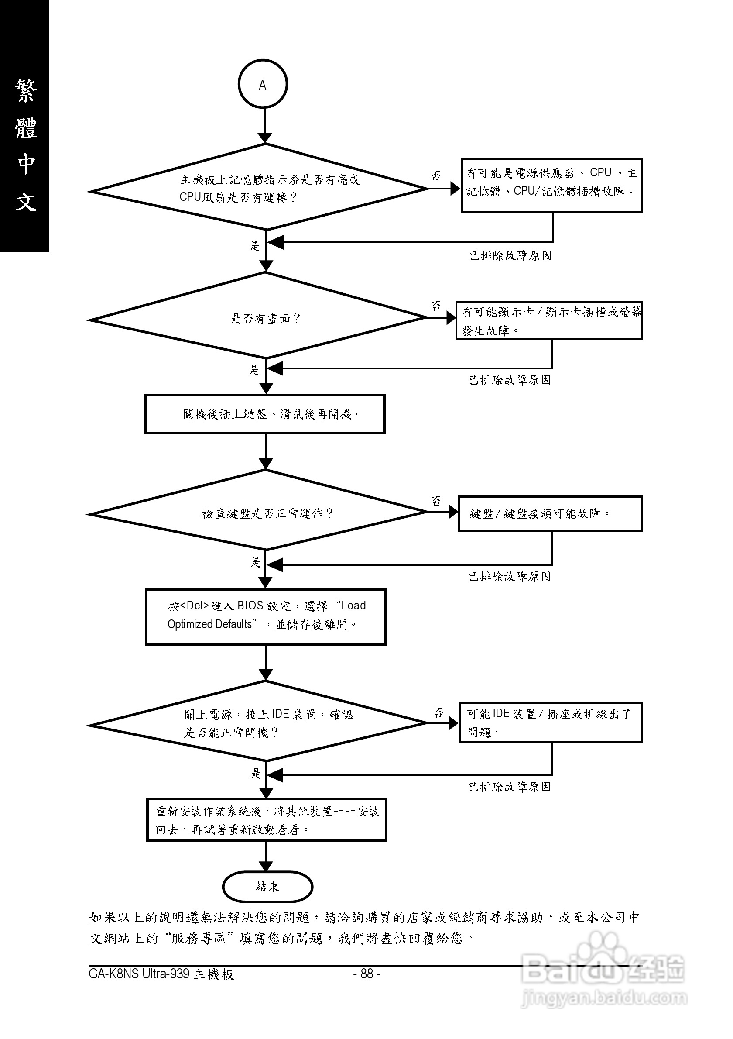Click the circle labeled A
(x=263, y=84)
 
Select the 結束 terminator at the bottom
(x=267, y=887)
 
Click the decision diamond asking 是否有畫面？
(x=265, y=319)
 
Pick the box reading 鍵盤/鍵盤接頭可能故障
(x=550, y=514)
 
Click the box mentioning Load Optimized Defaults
(x=265, y=617)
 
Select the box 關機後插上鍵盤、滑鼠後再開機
(x=265, y=414)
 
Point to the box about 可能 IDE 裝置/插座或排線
(x=550, y=722)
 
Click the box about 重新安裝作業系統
(x=266, y=820)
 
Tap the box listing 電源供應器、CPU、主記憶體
(x=551, y=185)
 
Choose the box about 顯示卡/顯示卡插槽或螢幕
(x=549, y=320)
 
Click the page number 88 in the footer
(x=366, y=974)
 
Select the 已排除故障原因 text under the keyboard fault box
(x=510, y=577)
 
